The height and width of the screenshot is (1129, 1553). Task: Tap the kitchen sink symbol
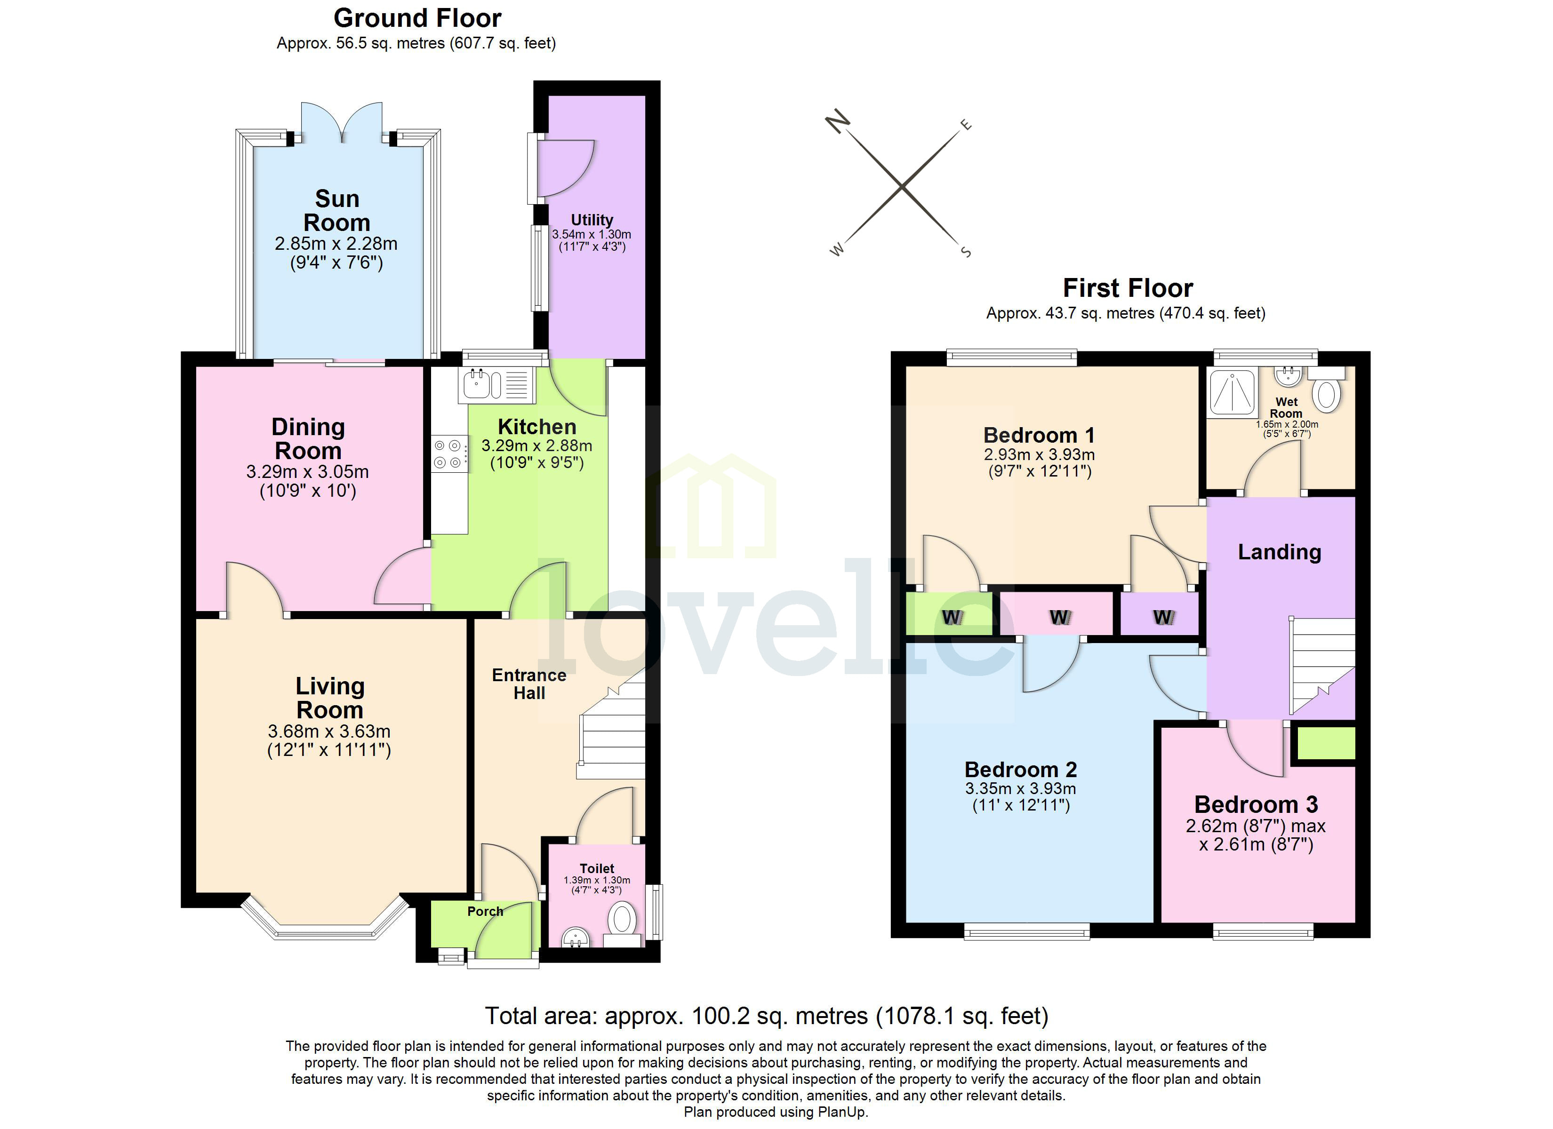[477, 385]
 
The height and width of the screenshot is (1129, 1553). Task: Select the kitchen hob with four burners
[448, 454]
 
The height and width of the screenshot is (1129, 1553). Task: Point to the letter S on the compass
[966, 252]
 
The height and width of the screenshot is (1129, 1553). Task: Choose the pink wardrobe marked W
[1058, 615]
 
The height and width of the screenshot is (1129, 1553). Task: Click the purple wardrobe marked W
[1161, 615]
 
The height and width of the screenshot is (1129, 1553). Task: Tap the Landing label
[1279, 552]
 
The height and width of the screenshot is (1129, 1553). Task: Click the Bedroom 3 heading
[1255, 804]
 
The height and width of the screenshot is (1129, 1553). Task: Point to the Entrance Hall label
[528, 684]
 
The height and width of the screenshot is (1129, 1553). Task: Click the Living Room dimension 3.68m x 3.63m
[328, 731]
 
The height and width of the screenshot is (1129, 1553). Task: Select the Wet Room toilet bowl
[1328, 395]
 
